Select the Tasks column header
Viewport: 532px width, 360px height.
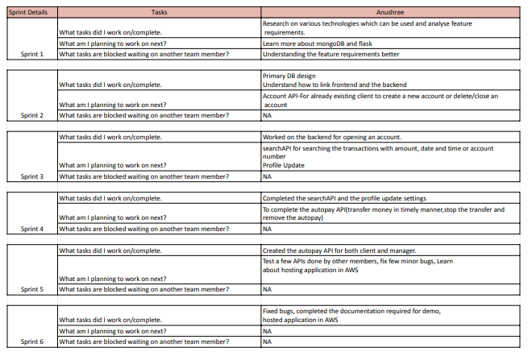(159, 13)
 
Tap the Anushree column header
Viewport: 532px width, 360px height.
(395, 13)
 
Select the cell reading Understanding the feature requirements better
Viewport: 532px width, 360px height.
(330, 54)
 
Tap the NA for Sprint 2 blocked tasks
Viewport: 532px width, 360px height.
(267, 115)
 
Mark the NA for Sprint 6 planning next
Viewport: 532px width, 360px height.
(267, 331)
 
